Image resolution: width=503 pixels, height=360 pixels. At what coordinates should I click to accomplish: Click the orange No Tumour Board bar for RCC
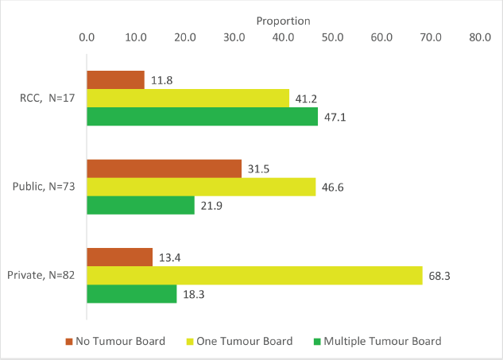[x=115, y=80]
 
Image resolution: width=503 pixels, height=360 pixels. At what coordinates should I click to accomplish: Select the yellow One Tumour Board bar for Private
[x=254, y=276]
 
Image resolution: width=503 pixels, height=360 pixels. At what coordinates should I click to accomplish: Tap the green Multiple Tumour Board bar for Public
[x=140, y=205]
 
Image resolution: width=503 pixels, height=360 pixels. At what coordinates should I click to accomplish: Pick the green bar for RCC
[x=202, y=117]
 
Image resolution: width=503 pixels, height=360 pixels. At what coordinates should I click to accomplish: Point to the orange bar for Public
[x=164, y=168]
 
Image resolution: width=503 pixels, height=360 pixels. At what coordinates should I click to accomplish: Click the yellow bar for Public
[x=201, y=187]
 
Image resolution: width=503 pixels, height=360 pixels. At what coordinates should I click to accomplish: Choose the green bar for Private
[x=131, y=293]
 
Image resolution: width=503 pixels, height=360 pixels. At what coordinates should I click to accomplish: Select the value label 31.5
[x=258, y=169]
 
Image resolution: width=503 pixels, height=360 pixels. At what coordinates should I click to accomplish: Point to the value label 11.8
[x=161, y=80]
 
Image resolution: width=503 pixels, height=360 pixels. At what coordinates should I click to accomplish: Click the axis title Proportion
[x=283, y=21]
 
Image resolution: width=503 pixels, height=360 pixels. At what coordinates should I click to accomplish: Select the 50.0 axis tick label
[x=332, y=37]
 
